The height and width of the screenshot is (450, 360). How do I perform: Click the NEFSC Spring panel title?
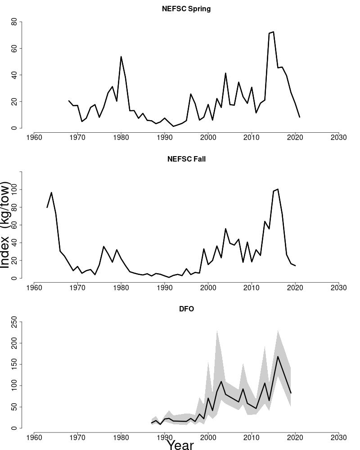(186, 9)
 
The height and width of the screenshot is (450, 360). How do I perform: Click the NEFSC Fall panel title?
(186, 159)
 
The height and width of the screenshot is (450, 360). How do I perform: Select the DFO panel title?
(186, 309)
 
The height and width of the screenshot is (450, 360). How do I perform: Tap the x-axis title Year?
(180, 445)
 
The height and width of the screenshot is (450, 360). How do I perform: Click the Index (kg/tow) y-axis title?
(5, 225)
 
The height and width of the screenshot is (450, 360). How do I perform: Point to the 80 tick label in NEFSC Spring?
(14, 22)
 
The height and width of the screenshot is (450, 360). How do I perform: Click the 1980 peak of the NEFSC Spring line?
(121, 57)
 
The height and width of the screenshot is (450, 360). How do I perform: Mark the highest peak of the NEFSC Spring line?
(273, 32)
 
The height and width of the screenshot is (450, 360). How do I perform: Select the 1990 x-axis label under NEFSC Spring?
(165, 137)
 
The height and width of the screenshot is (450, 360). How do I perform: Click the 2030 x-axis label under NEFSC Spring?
(338, 137)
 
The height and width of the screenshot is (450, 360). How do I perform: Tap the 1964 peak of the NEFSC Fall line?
(51, 193)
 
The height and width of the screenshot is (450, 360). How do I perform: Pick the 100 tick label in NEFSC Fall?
(14, 189)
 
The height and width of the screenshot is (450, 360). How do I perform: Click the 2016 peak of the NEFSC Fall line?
(278, 189)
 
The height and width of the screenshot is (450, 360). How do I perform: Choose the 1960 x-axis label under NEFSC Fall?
(34, 287)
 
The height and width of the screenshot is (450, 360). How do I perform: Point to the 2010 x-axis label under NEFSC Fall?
(252, 287)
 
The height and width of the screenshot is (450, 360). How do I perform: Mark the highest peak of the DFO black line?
(278, 356)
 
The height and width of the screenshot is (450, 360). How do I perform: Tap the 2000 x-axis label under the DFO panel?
(208, 437)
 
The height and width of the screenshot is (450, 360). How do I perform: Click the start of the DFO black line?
(152, 423)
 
